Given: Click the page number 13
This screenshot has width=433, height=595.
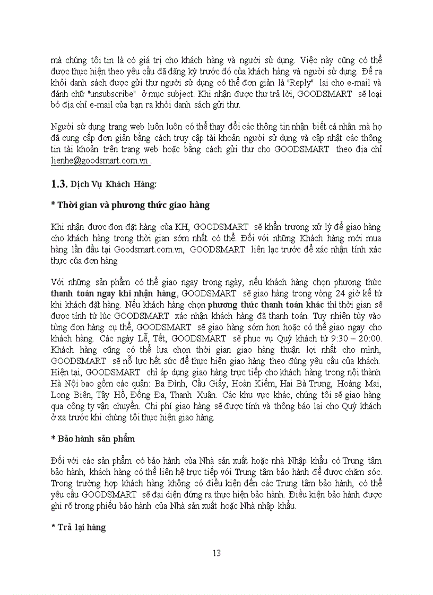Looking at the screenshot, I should tap(216, 553).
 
